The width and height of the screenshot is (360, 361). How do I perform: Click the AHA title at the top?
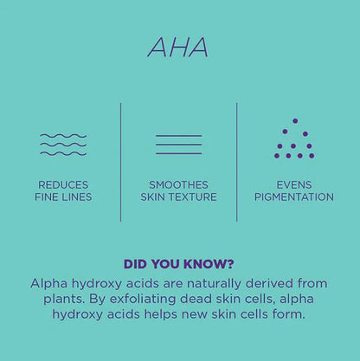178,47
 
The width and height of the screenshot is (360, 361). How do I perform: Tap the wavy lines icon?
63,145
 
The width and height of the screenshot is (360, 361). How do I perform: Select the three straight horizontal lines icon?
178,145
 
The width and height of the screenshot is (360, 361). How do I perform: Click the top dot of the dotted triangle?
294,120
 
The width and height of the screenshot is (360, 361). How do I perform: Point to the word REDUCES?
63,184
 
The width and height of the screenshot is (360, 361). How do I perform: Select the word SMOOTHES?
178,184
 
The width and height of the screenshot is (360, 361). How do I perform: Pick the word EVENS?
294,184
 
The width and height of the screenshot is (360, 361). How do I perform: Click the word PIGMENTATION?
294,197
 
